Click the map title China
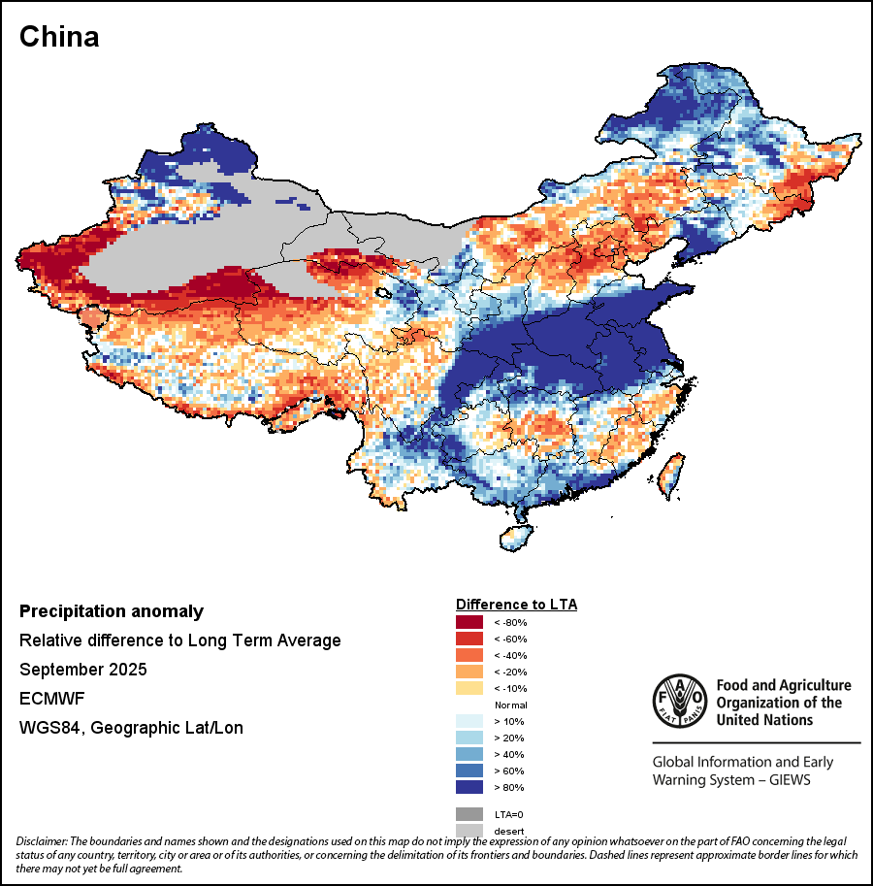click(x=59, y=38)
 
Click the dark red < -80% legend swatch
click(x=469, y=622)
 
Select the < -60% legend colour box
click(x=469, y=639)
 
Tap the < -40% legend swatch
click(x=469, y=655)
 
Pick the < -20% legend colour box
click(x=469, y=672)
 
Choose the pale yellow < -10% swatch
click(x=469, y=688)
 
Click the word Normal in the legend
click(x=510, y=705)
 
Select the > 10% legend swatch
click(x=469, y=721)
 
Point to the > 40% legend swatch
click(x=469, y=754)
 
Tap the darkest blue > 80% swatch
click(x=469, y=787)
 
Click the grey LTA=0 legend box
click(x=469, y=814)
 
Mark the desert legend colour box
click(x=469, y=830)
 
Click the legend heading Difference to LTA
click(x=516, y=605)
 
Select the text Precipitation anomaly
click(x=112, y=611)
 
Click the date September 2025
click(x=83, y=670)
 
